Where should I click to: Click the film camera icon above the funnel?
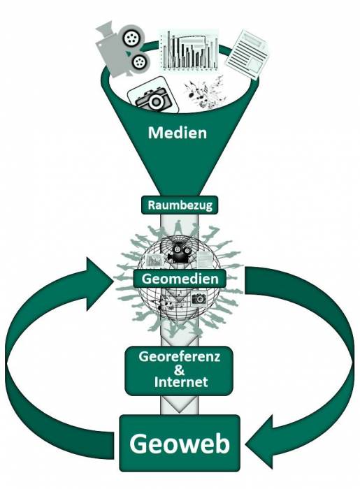click(124, 47)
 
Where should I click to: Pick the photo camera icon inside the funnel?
click(152, 98)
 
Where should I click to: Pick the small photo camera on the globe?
click(199, 299)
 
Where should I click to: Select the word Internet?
click(181, 383)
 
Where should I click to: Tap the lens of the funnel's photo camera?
click(157, 102)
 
